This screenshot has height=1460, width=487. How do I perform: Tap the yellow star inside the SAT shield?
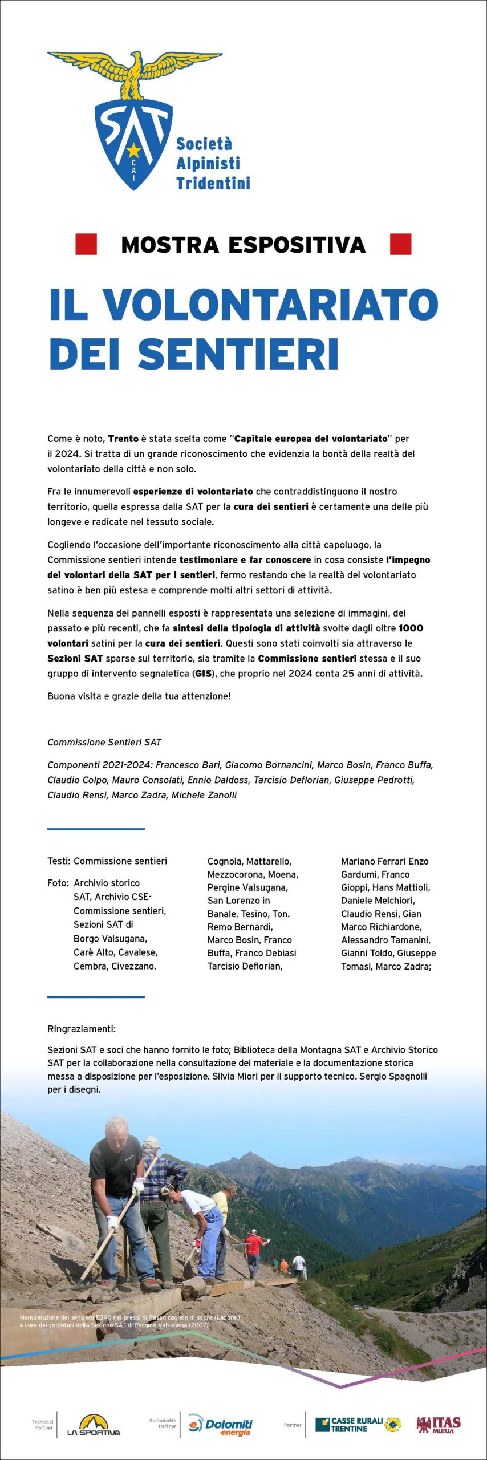point(133,150)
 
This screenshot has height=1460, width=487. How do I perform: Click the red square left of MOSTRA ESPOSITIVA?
point(86,244)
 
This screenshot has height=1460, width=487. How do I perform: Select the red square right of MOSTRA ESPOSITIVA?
point(400,244)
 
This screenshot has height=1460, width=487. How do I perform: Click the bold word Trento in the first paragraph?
point(123,439)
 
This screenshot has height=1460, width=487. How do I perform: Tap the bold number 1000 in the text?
point(411,628)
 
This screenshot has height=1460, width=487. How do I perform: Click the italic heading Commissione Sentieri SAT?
point(104,742)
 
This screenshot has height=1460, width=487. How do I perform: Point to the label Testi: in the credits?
point(59,861)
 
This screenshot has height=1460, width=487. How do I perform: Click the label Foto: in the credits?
point(58,883)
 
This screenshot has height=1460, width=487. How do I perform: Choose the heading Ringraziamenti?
point(82,1029)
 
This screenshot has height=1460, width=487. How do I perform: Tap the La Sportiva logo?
point(94,1425)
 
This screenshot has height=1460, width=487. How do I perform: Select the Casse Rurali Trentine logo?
point(358,1424)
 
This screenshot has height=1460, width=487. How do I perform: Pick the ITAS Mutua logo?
point(439,1424)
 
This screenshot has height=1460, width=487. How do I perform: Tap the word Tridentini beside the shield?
point(213,183)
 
